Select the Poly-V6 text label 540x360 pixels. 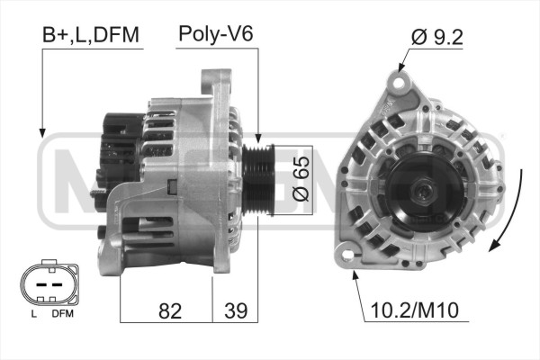pyautogui.click(x=216, y=35)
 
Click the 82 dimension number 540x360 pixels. pyautogui.click(x=168, y=310)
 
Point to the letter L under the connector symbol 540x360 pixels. pyautogui.click(x=32, y=313)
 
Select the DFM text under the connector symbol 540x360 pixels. pyautogui.click(x=61, y=313)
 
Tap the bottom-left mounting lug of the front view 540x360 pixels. pyautogui.click(x=344, y=255)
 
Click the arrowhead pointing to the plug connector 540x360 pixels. pyautogui.click(x=42, y=133)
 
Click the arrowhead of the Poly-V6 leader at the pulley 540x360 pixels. pyautogui.click(x=259, y=139)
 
